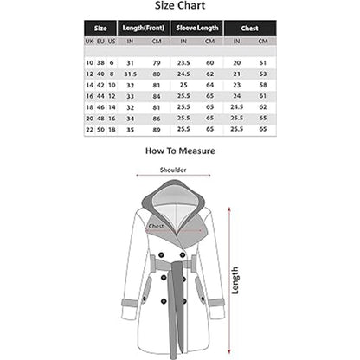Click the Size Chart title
(x=180, y=6)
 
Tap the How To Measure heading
(x=180, y=150)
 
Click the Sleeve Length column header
(x=197, y=27)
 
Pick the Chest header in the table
(x=249, y=27)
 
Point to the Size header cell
(x=100, y=27)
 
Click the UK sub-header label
(x=89, y=41)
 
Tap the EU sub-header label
(x=100, y=41)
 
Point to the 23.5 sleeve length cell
(x=183, y=62)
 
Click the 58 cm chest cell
(x=261, y=84)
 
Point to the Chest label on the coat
(x=157, y=227)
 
